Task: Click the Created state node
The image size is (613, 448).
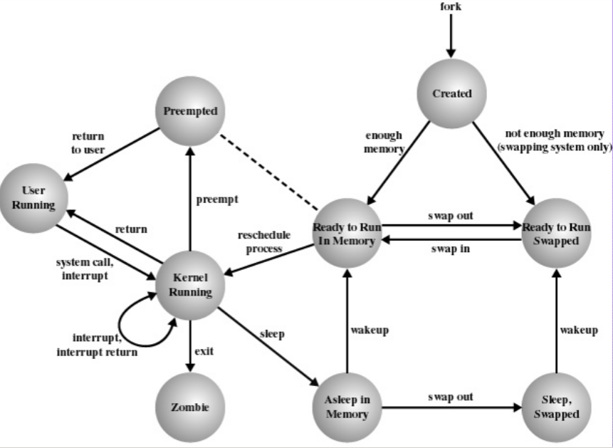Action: tap(451, 93)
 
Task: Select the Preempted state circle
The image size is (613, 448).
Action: tap(189, 111)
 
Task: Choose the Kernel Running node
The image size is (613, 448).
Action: tap(190, 285)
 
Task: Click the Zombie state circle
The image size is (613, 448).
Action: tap(190, 407)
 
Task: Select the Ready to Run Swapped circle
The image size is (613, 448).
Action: tap(556, 234)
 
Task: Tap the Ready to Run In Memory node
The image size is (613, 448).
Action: tap(347, 234)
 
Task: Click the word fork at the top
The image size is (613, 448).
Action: tap(451, 6)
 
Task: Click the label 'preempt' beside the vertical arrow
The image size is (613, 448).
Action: tap(216, 199)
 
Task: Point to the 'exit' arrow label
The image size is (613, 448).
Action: tap(204, 350)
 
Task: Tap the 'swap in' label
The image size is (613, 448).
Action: tap(450, 249)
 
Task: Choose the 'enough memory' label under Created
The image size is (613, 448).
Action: tap(384, 142)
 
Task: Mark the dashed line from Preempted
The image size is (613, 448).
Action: tap(268, 170)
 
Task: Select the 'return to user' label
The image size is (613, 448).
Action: tap(88, 142)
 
